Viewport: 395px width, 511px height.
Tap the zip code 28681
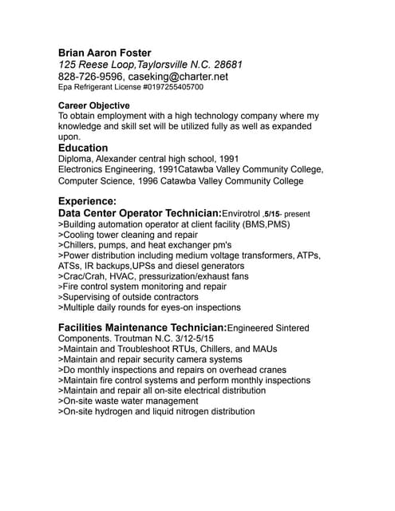click(x=226, y=65)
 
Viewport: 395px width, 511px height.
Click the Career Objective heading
click(x=94, y=105)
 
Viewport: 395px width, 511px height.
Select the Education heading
click(x=83, y=148)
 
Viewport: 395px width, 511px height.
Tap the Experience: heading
click(x=88, y=201)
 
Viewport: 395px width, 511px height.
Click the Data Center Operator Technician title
click(x=140, y=214)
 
